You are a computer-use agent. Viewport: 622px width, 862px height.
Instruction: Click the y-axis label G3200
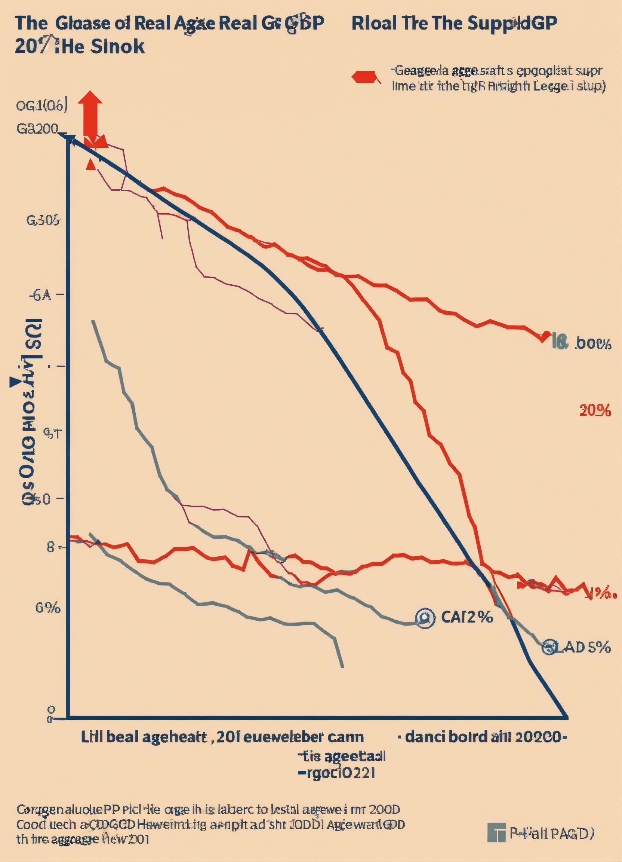(37, 129)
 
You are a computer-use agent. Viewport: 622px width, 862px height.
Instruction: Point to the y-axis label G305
(43, 220)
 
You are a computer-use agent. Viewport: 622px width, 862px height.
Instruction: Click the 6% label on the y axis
(48, 608)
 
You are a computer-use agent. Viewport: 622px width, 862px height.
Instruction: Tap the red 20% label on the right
(595, 411)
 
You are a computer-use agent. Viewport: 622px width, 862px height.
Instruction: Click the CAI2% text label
(467, 617)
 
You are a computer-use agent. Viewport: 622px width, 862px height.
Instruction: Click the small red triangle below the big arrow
(90, 165)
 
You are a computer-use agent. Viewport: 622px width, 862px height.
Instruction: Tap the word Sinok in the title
(118, 46)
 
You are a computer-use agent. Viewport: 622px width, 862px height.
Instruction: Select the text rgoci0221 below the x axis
(336, 773)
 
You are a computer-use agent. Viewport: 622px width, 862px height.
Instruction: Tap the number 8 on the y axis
(51, 547)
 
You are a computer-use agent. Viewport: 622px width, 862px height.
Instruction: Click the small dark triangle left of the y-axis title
(15, 382)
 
